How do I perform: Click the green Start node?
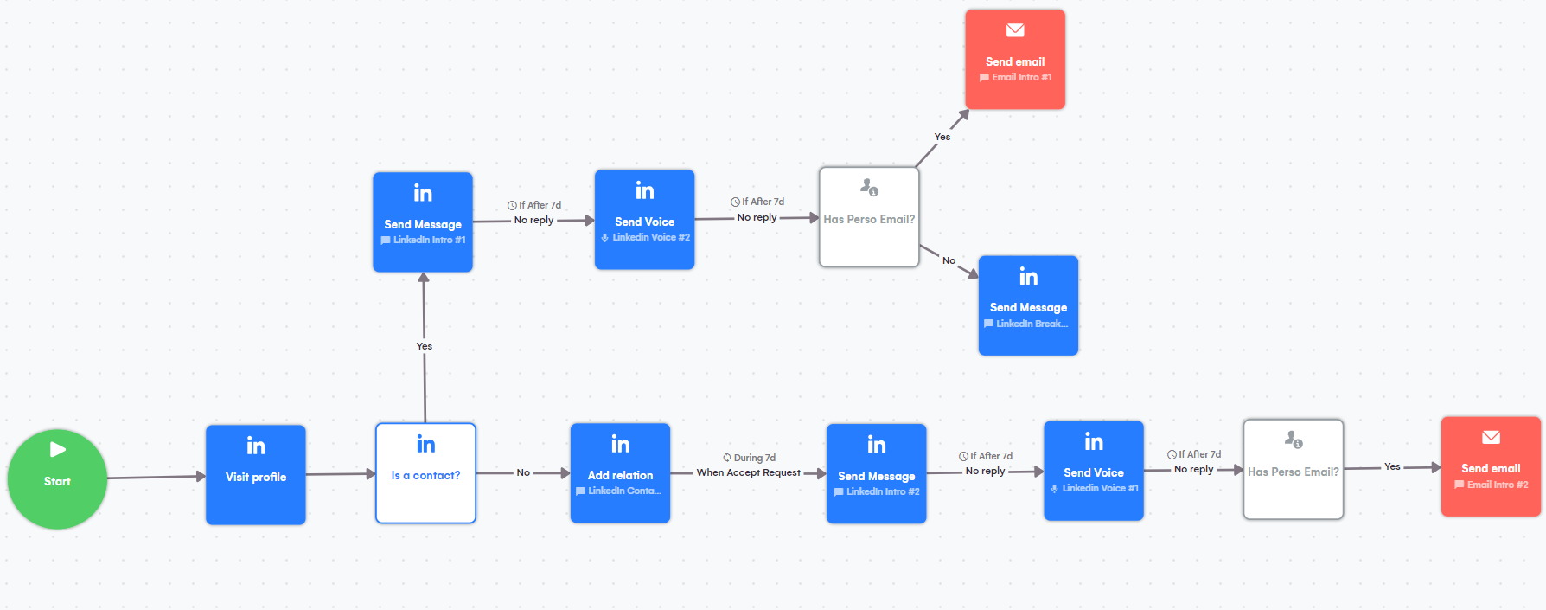pyautogui.click(x=57, y=479)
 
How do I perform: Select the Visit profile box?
pyautogui.click(x=256, y=474)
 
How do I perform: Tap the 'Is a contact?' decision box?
pyautogui.click(x=425, y=473)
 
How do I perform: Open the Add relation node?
pyautogui.click(x=620, y=473)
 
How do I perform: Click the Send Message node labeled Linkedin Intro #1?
pyautogui.click(x=423, y=222)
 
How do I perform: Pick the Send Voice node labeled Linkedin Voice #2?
pyautogui.click(x=644, y=220)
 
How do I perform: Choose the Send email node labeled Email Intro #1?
pyautogui.click(x=1015, y=60)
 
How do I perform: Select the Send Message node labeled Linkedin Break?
pyautogui.click(x=1028, y=305)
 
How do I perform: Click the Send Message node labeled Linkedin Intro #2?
pyautogui.click(x=876, y=474)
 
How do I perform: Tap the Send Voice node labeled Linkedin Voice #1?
pyautogui.click(x=1094, y=471)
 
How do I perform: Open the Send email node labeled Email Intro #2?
pyautogui.click(x=1491, y=467)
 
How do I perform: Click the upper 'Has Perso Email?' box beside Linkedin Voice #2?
pyautogui.click(x=869, y=217)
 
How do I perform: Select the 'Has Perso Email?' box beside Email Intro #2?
pyautogui.click(x=1293, y=470)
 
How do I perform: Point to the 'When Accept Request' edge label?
pyautogui.click(x=749, y=472)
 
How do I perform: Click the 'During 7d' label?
pyautogui.click(x=754, y=458)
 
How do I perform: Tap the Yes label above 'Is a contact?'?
pyautogui.click(x=425, y=346)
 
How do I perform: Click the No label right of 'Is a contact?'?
pyautogui.click(x=523, y=472)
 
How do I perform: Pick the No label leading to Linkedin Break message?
pyautogui.click(x=949, y=260)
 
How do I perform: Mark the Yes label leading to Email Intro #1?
pyautogui.click(x=942, y=137)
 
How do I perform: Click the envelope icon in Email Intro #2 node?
pyautogui.click(x=1491, y=438)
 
